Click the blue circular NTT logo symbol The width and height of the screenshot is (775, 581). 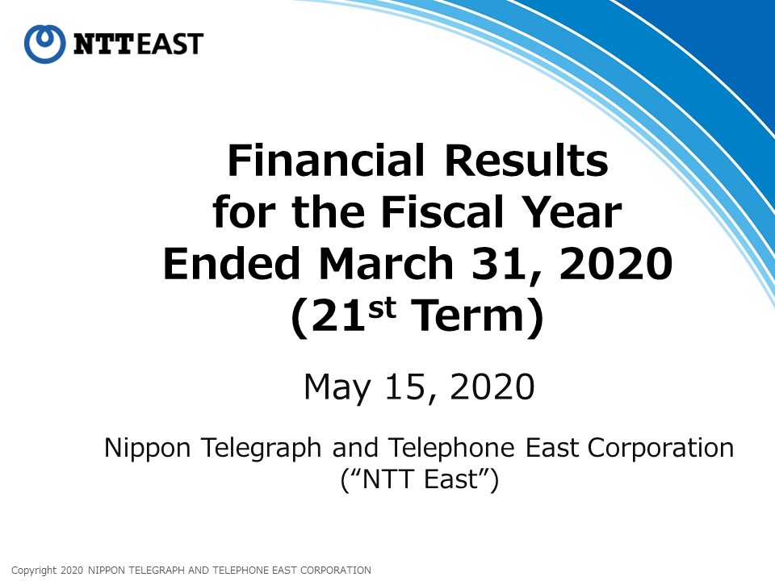click(44, 44)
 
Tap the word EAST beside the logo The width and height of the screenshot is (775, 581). click(170, 44)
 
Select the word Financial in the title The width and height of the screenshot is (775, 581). click(325, 160)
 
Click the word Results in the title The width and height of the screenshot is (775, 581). click(526, 160)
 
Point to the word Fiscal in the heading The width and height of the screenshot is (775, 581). click(442, 211)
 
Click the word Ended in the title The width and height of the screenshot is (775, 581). click(232, 263)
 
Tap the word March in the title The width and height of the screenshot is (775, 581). click(387, 263)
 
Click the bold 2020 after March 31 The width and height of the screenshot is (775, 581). click(616, 264)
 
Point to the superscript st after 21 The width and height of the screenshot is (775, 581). click(383, 307)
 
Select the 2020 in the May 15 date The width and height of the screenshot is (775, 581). click(492, 387)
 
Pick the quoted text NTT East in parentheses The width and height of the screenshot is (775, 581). click(420, 479)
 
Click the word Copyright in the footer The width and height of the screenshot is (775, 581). click(34, 571)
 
